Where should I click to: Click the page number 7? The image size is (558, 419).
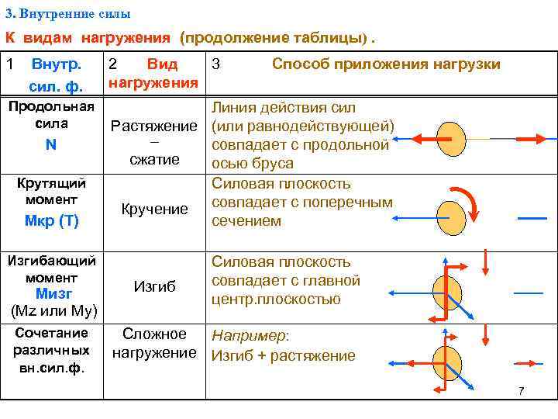(522, 391)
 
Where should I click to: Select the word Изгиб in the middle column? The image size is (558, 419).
(154, 286)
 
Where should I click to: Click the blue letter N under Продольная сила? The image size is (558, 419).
(51, 144)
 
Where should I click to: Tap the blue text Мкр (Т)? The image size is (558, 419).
(52, 220)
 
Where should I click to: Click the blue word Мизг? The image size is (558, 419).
(53, 294)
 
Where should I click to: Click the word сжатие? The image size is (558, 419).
(154, 160)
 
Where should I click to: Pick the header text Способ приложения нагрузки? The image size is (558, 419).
(385, 64)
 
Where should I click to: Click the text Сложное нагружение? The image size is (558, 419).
(154, 344)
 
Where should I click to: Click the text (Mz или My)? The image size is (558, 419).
(53, 311)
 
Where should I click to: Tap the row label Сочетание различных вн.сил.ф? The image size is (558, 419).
(52, 350)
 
